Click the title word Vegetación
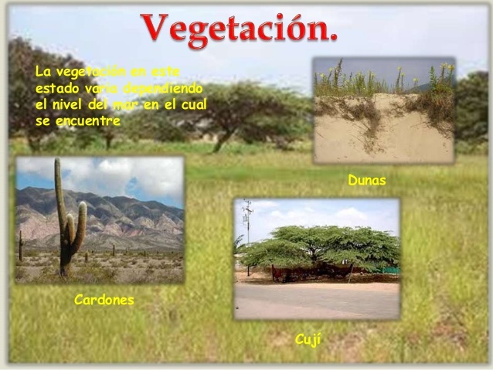click(x=239, y=29)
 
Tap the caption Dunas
click(x=366, y=181)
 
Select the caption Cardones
click(x=104, y=300)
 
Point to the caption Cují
click(x=308, y=338)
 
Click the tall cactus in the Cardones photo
click(x=62, y=216)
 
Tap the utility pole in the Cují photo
click(x=248, y=232)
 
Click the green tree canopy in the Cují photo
click(x=325, y=246)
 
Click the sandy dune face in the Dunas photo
click(x=386, y=139)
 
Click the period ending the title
click(x=331, y=39)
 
